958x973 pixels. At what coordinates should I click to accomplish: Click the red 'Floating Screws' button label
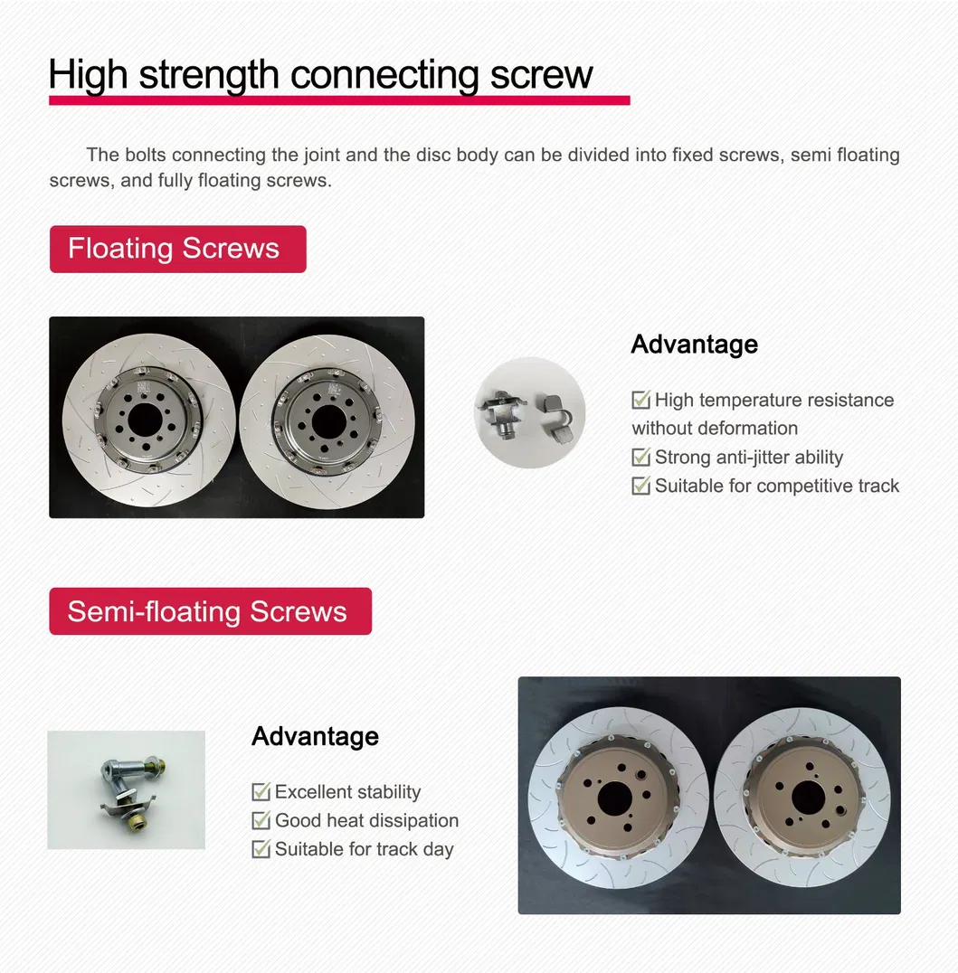(177, 249)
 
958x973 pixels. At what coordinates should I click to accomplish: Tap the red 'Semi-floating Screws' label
(209, 611)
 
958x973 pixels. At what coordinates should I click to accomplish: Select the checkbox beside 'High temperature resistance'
(640, 400)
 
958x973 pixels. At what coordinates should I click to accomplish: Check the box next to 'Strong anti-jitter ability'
(640, 458)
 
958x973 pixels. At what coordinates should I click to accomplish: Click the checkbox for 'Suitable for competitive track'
(640, 486)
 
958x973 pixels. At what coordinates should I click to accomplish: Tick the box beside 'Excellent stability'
(261, 792)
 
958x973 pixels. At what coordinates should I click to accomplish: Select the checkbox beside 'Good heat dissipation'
(261, 821)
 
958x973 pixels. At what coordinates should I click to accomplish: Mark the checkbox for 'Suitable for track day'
(261, 850)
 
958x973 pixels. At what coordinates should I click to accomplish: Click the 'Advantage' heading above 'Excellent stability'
(315, 736)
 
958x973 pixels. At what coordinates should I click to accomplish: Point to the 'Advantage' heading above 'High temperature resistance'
(694, 345)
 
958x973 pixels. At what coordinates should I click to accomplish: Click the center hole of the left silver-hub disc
(144, 418)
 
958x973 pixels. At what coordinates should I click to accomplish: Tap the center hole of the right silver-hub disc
(327, 419)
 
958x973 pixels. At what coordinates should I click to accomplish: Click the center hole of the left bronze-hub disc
(616, 797)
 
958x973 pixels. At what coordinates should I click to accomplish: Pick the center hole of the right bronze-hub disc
(807, 797)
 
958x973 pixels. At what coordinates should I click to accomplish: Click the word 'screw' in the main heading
(541, 74)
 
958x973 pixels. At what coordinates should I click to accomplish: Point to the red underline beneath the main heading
(339, 99)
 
